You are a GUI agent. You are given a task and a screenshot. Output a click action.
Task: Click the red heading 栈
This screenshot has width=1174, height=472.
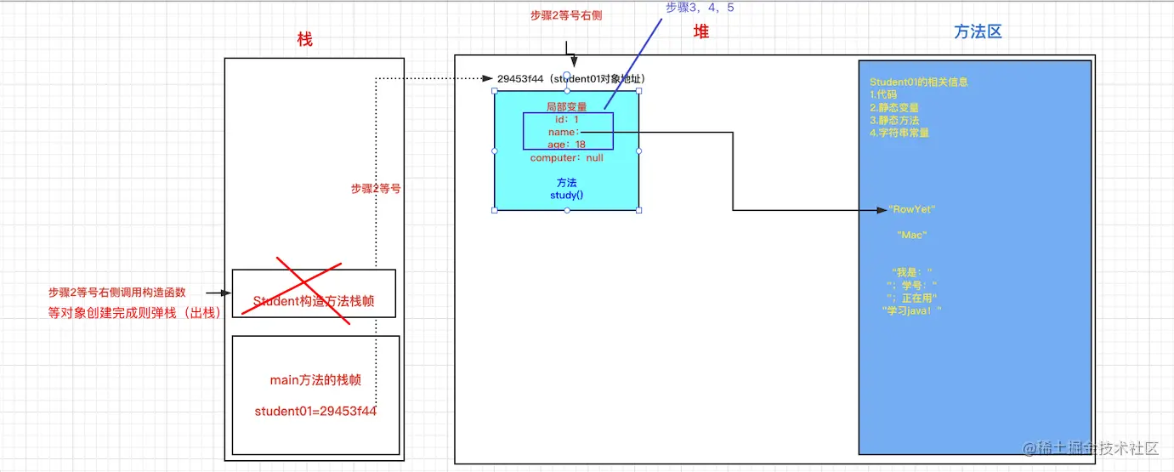tap(304, 39)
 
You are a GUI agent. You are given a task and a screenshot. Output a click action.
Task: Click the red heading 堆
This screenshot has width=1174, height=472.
tap(700, 31)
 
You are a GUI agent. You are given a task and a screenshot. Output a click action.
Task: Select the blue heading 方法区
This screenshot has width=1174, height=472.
tap(978, 31)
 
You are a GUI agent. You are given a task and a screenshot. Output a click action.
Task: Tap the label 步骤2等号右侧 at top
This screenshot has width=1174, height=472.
tap(566, 15)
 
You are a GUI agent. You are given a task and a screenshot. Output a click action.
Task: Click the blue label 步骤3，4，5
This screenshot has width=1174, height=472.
tap(700, 8)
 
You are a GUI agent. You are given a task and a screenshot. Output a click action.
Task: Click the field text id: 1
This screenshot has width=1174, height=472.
tap(566, 120)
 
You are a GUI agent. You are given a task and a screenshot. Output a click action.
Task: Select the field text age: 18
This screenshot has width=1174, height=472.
tap(566, 145)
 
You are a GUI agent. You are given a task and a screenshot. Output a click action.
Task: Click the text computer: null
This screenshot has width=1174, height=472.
tap(566, 158)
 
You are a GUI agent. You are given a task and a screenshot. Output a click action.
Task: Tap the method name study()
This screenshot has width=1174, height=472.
tap(566, 196)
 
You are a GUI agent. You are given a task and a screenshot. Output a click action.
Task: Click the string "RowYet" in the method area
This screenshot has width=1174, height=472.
tap(911, 209)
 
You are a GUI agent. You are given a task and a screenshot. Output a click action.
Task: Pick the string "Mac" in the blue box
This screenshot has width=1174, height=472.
tap(911, 235)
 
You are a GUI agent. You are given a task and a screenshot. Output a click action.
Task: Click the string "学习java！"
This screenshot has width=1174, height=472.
tap(911, 310)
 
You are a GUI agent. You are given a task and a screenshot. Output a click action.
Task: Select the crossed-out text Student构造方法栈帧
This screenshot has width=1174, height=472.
tap(313, 301)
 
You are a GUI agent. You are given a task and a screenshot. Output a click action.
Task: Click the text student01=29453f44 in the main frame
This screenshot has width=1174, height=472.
tap(315, 412)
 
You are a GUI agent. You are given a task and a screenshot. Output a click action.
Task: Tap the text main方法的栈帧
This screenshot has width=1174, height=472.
tap(315, 379)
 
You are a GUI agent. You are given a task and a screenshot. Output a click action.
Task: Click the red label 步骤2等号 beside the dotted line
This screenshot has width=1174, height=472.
tap(375, 189)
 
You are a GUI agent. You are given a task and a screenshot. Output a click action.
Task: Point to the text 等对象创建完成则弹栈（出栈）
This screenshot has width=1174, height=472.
tap(133, 312)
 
